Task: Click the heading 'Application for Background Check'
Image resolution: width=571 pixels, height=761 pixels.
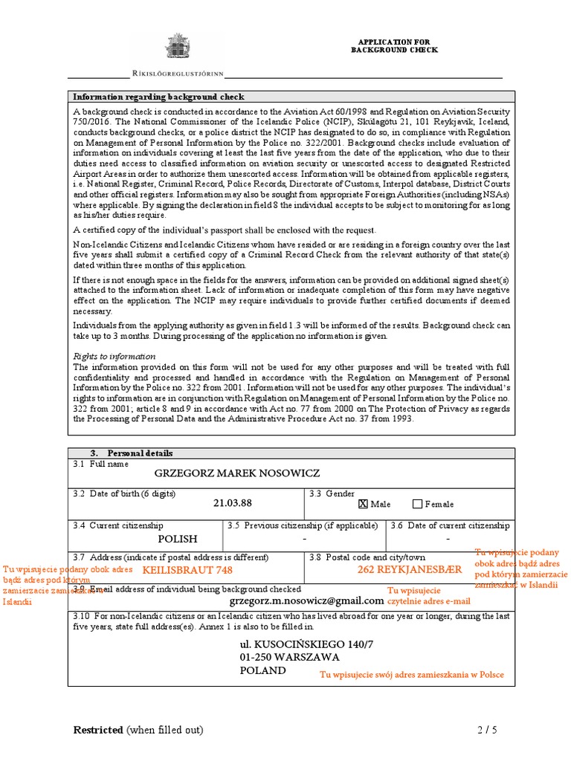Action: point(394,46)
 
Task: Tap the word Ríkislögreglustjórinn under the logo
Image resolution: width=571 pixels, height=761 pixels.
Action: point(176,74)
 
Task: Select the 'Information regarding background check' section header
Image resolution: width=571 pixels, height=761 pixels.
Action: point(158,97)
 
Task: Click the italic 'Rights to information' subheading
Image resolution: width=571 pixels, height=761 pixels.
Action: point(114,356)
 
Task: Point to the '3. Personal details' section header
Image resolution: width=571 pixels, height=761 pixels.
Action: point(132,453)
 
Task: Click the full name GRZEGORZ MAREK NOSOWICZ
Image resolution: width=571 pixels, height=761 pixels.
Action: point(236,473)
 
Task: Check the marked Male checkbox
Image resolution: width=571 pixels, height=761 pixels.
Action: point(363,504)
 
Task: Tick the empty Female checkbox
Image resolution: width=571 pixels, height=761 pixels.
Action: point(417,504)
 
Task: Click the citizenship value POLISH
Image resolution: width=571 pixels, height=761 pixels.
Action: point(178,539)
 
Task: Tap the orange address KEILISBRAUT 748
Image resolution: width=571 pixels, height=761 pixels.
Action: point(193,570)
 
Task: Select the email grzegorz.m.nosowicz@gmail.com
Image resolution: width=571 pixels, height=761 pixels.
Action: point(307,600)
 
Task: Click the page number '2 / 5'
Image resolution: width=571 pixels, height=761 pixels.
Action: point(487,730)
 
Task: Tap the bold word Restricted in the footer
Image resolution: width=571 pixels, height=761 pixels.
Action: point(98,730)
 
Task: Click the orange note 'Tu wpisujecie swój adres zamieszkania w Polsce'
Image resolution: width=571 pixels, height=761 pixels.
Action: point(411,675)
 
